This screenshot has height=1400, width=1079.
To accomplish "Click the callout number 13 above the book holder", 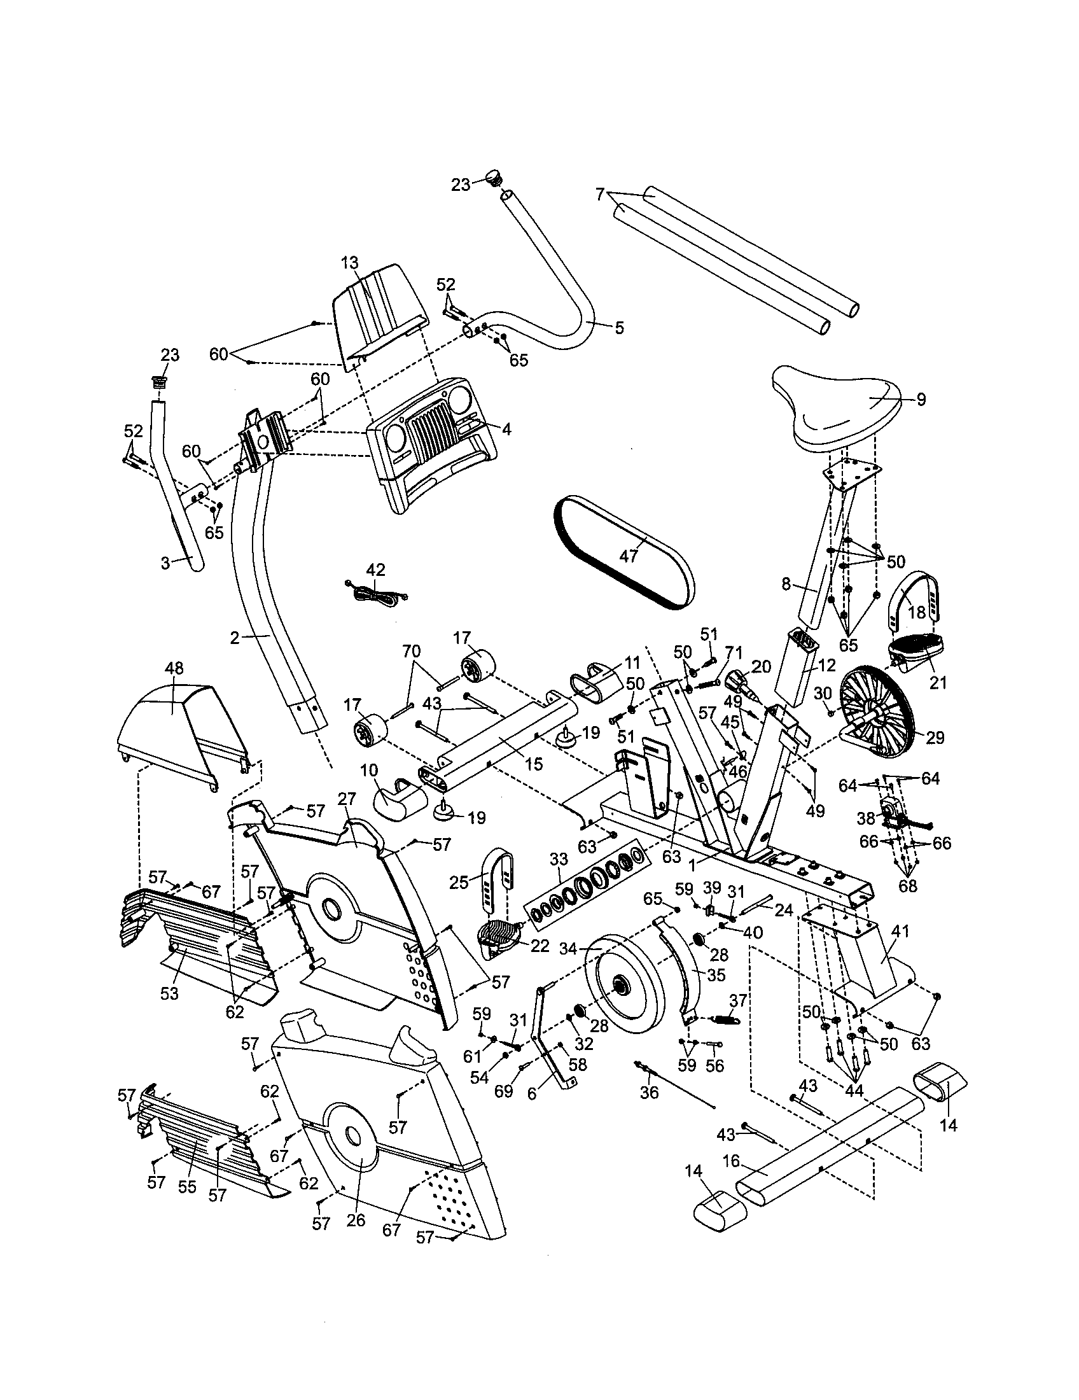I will (350, 263).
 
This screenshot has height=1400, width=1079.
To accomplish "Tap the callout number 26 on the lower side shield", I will (356, 1220).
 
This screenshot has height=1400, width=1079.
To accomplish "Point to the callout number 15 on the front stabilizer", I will (533, 763).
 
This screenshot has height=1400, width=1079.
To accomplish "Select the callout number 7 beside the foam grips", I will (601, 193).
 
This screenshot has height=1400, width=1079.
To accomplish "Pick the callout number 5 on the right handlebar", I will (618, 328).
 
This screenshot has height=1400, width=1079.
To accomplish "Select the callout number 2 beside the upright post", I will (235, 637).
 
